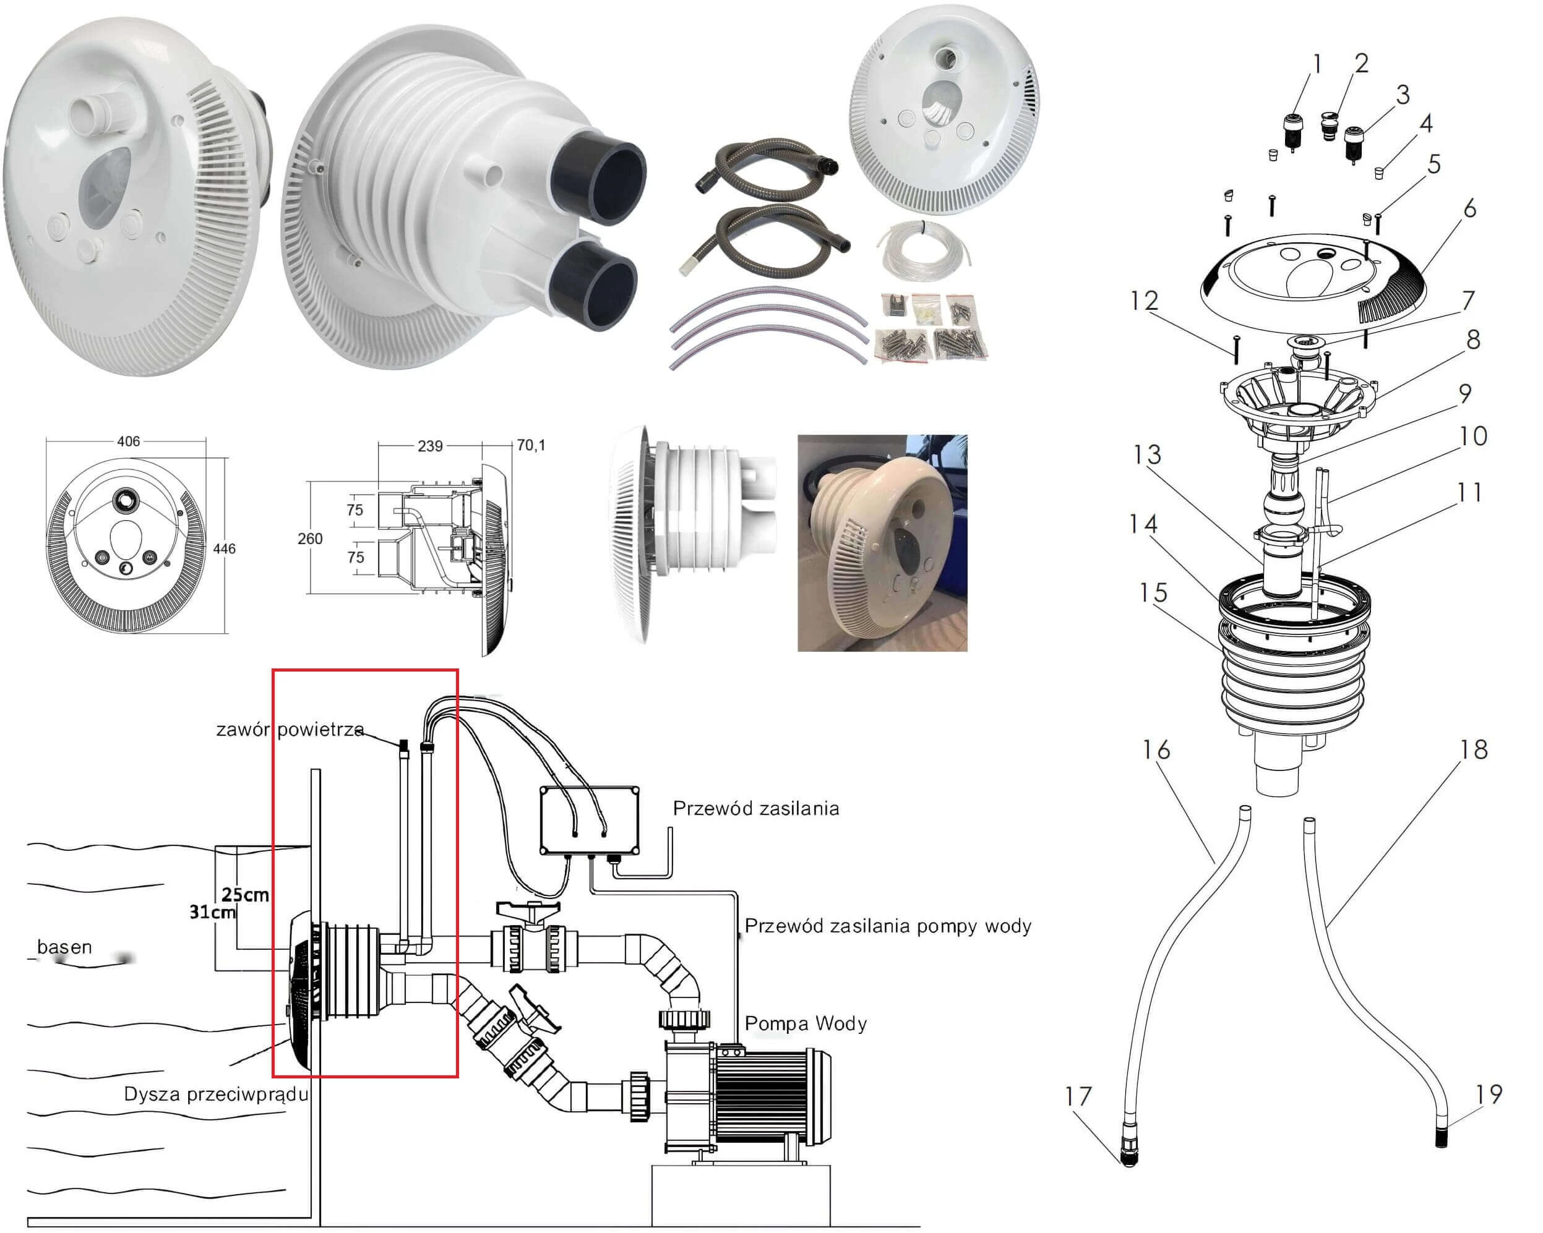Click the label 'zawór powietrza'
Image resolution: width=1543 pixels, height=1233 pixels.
[290, 730]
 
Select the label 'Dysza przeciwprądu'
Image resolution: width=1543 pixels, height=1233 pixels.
[215, 1094]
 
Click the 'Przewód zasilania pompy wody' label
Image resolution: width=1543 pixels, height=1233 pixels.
[887, 926]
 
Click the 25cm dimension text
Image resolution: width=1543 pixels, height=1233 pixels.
[245, 895]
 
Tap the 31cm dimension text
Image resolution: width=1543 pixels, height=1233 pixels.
[213, 912]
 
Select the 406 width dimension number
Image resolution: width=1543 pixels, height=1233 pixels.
[128, 442]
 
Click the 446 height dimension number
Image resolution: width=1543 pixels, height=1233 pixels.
[224, 548]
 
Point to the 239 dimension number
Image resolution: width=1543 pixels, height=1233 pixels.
[429, 446]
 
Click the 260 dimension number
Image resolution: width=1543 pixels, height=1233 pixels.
[310, 539]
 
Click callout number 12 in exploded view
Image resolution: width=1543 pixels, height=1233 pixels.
[1144, 301]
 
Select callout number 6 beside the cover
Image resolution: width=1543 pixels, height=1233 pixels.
[1469, 209]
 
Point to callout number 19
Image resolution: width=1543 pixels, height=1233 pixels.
[1488, 1093]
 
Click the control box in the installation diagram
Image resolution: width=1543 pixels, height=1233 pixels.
[589, 821]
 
